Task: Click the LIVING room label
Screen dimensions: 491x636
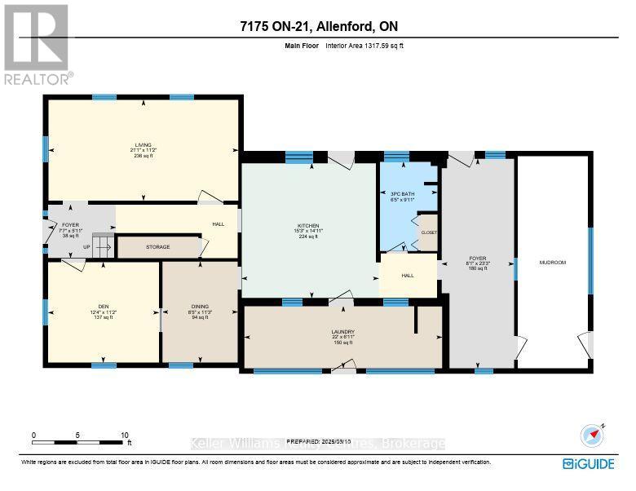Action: point(144,144)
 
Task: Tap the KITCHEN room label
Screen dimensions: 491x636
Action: point(307,226)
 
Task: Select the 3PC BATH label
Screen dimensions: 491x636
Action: point(403,193)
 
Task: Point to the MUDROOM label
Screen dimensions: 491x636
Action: point(552,262)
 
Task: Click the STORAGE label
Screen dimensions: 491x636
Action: point(158,246)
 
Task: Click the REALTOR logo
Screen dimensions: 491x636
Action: point(38,45)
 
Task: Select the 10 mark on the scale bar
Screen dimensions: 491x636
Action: point(125,436)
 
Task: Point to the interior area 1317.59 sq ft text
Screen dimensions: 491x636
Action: point(364,46)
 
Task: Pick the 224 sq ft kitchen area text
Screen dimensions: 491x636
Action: point(307,237)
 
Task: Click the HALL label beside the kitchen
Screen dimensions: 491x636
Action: point(408,275)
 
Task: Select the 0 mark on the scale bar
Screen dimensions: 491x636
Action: point(33,436)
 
